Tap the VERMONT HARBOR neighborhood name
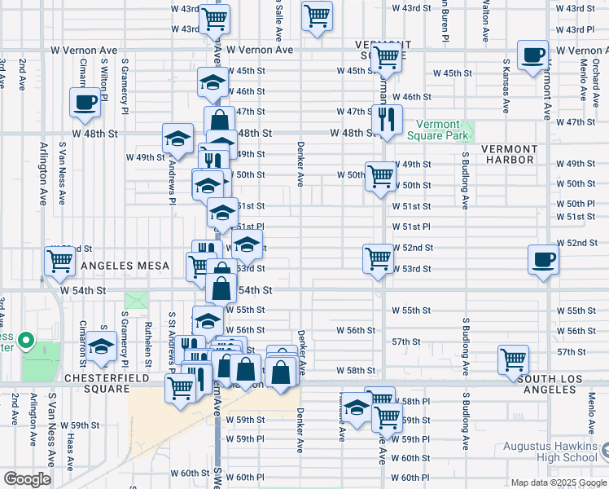[510, 154]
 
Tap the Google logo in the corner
[27, 479]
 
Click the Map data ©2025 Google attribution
[559, 482]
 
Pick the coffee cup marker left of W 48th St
[85, 104]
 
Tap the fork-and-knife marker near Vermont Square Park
[387, 120]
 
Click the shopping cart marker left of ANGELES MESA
[59, 262]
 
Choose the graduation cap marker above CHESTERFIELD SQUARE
[102, 347]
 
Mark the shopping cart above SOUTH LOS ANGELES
[513, 359]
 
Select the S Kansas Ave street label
[506, 85]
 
